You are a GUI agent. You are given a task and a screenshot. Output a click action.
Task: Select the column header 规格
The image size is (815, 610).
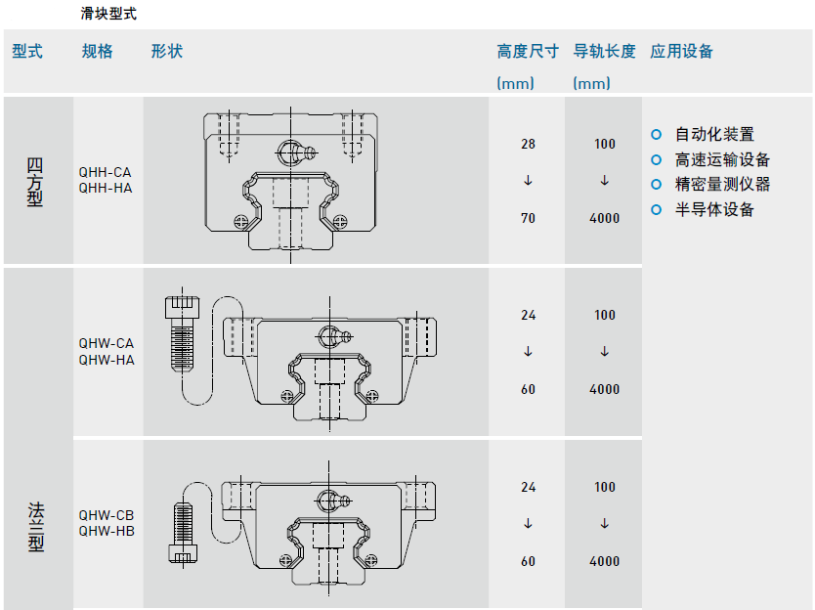pos(98,52)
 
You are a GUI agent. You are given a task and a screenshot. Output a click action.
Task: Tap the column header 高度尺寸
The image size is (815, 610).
pos(528,52)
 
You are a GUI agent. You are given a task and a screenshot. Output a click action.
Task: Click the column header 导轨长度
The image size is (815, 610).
pos(604,52)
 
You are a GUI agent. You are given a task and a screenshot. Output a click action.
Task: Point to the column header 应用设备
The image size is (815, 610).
pos(682,52)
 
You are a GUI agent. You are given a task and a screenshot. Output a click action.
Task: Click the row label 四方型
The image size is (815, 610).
pos(36,180)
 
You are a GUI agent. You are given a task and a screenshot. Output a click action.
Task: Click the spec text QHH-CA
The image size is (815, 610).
pos(105,172)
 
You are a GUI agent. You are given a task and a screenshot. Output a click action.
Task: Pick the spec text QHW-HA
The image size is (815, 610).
pos(106,360)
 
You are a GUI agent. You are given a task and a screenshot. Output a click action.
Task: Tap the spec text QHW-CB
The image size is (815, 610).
pos(106,515)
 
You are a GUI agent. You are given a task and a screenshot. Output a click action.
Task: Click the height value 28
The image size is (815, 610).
pos(528,144)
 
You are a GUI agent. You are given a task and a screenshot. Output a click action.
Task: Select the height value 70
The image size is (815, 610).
pos(528,218)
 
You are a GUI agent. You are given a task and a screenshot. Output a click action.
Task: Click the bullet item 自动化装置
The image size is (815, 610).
pos(714,134)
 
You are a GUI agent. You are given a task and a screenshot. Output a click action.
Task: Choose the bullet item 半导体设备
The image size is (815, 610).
pos(714,209)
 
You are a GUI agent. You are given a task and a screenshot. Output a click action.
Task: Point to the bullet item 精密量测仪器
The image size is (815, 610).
pos(722,184)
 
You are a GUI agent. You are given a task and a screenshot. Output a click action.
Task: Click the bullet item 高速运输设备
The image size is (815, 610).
pos(722,159)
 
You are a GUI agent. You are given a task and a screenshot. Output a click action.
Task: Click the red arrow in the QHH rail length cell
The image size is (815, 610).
pos(605,181)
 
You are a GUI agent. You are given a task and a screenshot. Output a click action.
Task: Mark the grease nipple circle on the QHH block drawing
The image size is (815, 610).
pos(289,152)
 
